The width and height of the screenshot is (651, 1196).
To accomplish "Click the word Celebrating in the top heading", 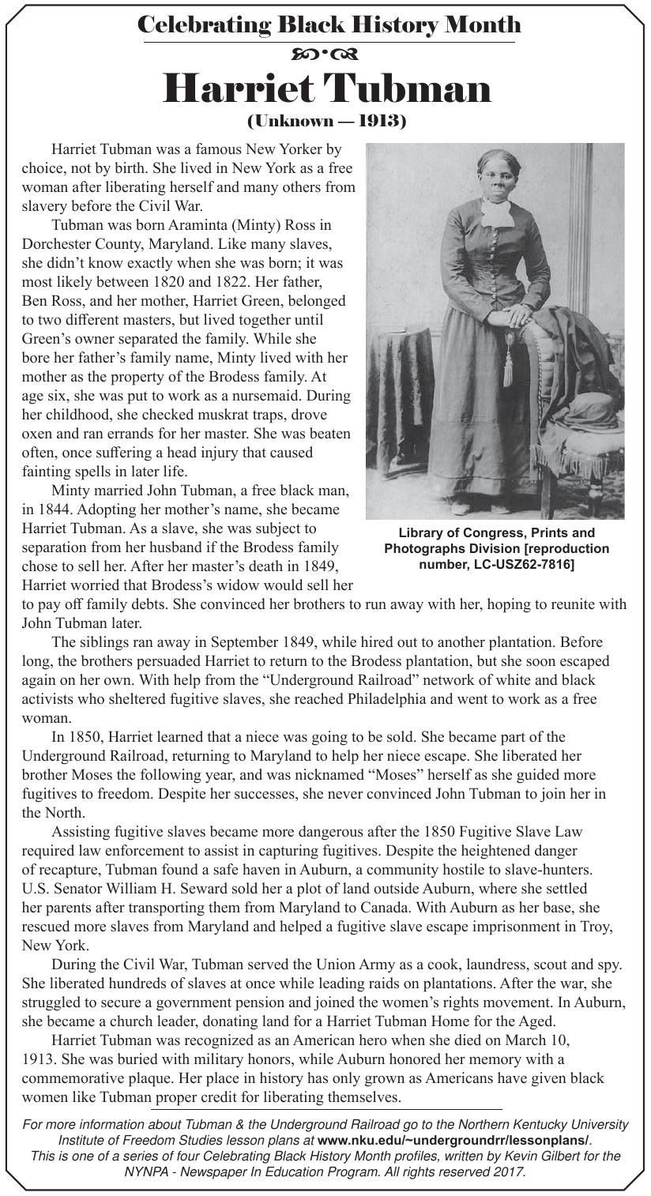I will tap(204, 24).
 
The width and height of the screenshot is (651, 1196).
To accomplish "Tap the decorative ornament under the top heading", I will tap(325, 55).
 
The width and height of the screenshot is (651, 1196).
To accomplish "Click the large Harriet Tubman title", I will tap(326, 88).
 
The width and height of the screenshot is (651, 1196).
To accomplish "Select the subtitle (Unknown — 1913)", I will tap(326, 122).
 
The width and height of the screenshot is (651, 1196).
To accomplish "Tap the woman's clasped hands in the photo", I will tap(518, 316).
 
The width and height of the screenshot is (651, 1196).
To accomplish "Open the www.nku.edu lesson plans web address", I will tap(453, 1140).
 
